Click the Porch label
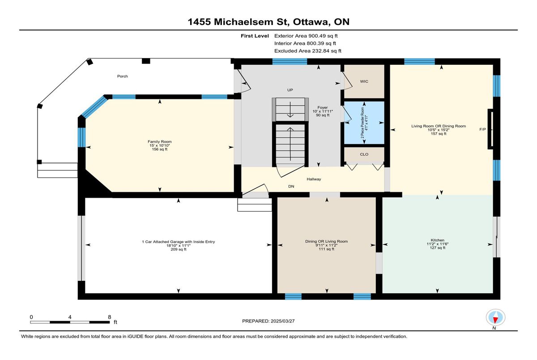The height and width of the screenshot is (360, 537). [x=122, y=76]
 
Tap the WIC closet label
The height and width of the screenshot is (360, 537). [x=364, y=81]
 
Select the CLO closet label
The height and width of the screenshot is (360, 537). [x=364, y=154]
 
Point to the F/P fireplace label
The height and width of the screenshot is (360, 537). [x=482, y=129]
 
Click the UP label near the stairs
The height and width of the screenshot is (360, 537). [x=290, y=90]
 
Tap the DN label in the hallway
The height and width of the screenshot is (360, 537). [x=291, y=186]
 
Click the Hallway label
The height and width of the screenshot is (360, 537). [x=314, y=179]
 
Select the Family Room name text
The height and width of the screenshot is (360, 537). [x=160, y=142]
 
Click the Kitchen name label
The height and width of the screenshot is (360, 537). [x=438, y=240]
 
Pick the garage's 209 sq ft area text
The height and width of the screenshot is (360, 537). [x=179, y=250]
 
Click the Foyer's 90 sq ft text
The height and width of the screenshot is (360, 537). [x=323, y=115]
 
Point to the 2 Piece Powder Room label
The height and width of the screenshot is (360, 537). [x=362, y=123]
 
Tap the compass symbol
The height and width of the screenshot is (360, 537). [x=495, y=318]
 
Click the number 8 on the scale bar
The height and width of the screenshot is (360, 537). [x=110, y=317]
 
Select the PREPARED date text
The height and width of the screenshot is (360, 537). [x=268, y=321]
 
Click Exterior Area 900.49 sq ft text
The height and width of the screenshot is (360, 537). [x=306, y=36]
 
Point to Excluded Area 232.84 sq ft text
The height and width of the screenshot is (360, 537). [x=308, y=51]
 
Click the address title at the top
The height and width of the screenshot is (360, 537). [x=268, y=22]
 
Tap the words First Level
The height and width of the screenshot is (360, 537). [x=255, y=36]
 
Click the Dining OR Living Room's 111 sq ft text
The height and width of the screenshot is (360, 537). [x=327, y=249]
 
